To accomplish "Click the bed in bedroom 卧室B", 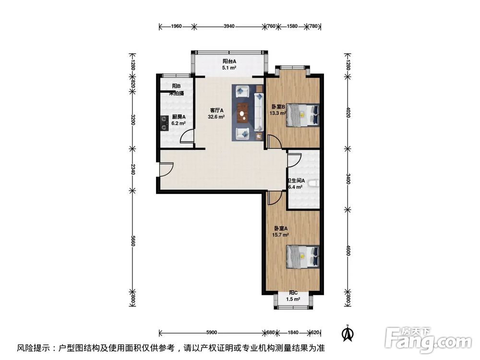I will point(303,115).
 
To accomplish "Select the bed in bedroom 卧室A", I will point(303,256).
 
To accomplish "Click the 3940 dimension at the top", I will point(229,27).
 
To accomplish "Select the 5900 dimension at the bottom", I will point(212,332).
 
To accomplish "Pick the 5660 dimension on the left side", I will point(133,243).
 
